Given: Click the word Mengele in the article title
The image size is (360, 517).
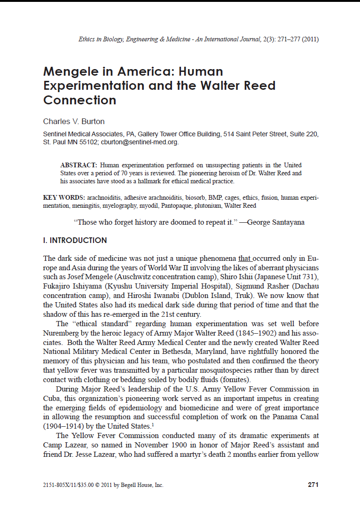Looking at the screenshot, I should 70,71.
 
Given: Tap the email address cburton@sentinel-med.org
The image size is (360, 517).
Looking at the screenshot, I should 140,142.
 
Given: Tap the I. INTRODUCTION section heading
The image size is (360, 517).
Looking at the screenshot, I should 75,241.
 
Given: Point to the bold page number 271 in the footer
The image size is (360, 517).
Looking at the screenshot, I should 313,485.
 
